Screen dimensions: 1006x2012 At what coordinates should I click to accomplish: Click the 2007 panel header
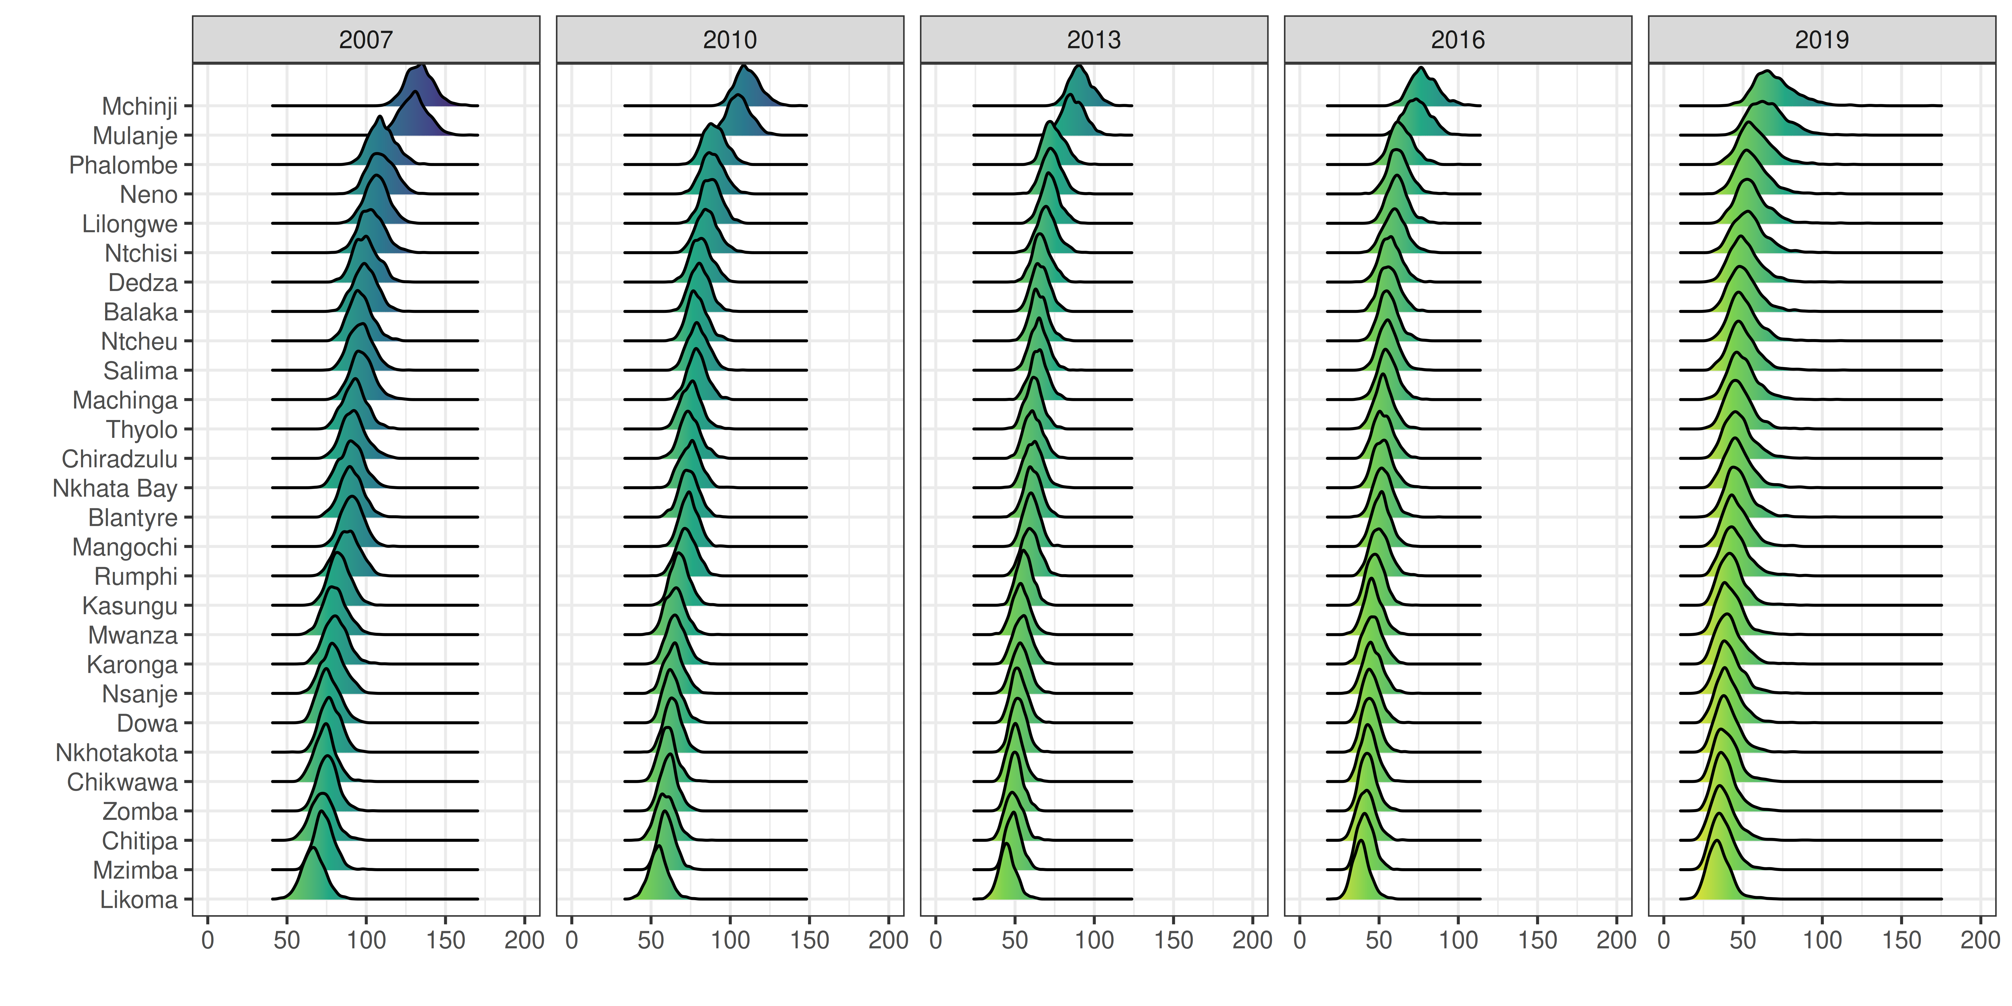click(x=365, y=40)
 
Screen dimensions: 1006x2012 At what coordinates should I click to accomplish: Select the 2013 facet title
click(x=1094, y=40)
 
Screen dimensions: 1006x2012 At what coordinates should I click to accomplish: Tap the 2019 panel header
click(x=1821, y=40)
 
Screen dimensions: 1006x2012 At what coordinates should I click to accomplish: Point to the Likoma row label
click(x=139, y=900)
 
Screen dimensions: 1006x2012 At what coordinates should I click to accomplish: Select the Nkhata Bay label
click(x=115, y=488)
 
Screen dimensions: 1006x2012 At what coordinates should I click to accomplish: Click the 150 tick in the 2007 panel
click(x=445, y=940)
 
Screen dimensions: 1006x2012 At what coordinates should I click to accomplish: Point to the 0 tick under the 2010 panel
click(x=572, y=940)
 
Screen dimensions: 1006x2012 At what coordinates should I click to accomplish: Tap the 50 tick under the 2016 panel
click(x=1378, y=940)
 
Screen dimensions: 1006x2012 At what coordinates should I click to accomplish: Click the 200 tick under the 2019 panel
click(x=1980, y=940)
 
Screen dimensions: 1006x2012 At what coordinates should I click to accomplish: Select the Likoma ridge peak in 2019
click(x=1716, y=841)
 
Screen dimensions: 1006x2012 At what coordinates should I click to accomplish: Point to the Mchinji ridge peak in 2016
click(x=1421, y=69)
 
